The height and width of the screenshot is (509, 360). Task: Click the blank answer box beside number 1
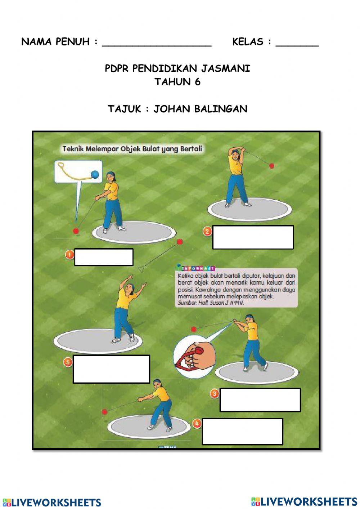(x=104, y=257)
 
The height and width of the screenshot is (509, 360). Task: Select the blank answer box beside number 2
(x=253, y=237)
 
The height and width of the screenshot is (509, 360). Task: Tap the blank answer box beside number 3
(x=260, y=399)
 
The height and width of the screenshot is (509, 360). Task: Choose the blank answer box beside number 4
(x=242, y=431)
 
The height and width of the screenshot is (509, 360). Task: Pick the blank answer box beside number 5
(x=111, y=369)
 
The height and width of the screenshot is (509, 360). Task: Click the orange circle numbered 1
(x=69, y=255)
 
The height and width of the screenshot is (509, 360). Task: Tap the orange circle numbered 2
(x=207, y=231)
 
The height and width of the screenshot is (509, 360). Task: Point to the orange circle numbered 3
(x=215, y=393)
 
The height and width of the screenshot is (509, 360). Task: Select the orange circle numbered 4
(x=197, y=423)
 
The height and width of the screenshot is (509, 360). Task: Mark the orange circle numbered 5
(x=68, y=361)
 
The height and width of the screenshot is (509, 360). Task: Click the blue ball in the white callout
(x=95, y=174)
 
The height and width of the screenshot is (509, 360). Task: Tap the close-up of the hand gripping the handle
(x=194, y=354)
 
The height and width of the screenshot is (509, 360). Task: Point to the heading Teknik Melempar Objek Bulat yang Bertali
(x=132, y=149)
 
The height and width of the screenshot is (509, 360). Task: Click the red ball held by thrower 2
(x=272, y=166)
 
